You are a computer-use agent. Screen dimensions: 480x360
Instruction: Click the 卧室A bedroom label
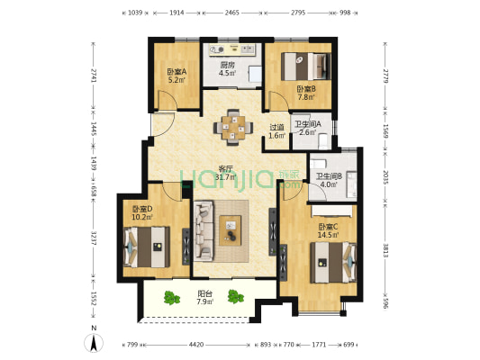click(x=177, y=72)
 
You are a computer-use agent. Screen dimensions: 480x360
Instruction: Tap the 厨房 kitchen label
click(x=228, y=65)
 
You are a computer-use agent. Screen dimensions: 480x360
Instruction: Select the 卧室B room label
click(x=306, y=89)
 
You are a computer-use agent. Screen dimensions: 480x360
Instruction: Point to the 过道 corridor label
click(x=276, y=127)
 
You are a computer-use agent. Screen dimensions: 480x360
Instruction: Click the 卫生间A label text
click(x=308, y=124)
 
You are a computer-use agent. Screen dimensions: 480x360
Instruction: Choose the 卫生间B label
click(x=329, y=176)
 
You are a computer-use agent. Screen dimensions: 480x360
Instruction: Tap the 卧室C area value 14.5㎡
click(x=328, y=235)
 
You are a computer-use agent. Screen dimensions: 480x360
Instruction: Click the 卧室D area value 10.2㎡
click(x=142, y=217)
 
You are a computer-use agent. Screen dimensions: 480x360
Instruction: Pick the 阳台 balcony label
click(x=204, y=294)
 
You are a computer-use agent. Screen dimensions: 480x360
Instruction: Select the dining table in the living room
click(x=233, y=127)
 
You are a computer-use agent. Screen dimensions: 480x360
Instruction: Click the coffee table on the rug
click(x=231, y=230)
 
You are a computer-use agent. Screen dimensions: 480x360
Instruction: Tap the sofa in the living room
click(x=204, y=230)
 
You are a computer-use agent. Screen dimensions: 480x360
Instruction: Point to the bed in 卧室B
click(x=306, y=67)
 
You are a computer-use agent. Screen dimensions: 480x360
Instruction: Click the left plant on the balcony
click(x=171, y=298)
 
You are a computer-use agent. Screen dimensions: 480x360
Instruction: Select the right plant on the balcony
click(x=235, y=296)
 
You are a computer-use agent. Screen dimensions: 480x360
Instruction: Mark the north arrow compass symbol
click(x=94, y=343)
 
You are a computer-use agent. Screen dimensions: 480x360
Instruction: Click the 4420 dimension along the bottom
click(x=196, y=345)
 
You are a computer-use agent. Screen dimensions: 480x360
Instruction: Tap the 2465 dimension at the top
click(x=231, y=13)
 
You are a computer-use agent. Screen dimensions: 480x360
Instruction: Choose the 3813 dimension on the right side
click(x=385, y=250)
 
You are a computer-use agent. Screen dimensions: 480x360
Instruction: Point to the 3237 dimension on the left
click(x=94, y=238)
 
